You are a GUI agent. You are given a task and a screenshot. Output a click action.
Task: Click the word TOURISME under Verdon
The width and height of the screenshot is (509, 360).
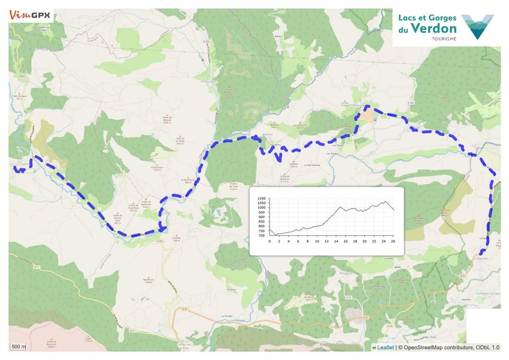click(443, 38)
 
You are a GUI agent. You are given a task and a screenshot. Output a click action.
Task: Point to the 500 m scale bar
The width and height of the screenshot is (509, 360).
click(19, 347)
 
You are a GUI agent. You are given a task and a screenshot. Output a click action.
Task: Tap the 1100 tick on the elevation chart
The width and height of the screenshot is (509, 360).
click(262, 199)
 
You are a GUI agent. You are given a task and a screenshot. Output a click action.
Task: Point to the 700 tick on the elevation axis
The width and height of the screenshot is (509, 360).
click(262, 236)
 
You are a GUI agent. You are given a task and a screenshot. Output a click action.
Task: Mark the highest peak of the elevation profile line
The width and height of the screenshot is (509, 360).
click(384, 202)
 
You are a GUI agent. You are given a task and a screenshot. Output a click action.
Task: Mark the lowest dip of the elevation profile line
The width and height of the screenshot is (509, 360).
click(276, 234)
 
